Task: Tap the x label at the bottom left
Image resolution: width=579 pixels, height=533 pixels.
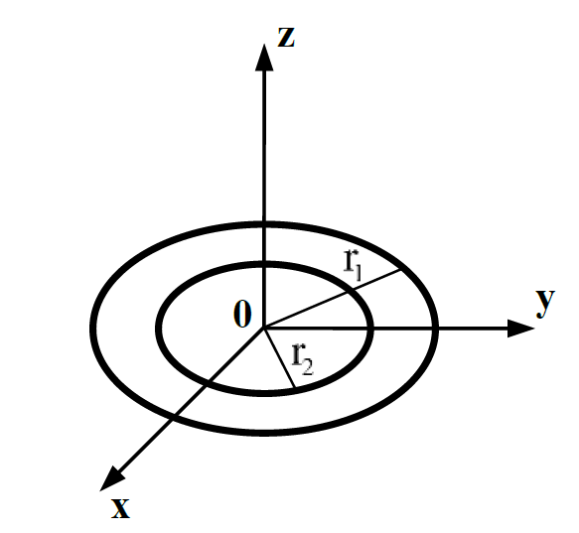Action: tap(120, 507)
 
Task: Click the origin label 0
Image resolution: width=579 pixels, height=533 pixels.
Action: tap(241, 315)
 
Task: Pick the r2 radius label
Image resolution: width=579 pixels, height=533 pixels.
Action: tap(304, 356)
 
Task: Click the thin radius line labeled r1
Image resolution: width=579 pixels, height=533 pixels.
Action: tap(333, 297)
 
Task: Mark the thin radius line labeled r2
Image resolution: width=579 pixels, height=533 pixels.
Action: tap(277, 358)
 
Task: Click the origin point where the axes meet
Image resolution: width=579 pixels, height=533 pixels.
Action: tap(263, 326)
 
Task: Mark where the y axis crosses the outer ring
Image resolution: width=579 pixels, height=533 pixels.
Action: tap(434, 326)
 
